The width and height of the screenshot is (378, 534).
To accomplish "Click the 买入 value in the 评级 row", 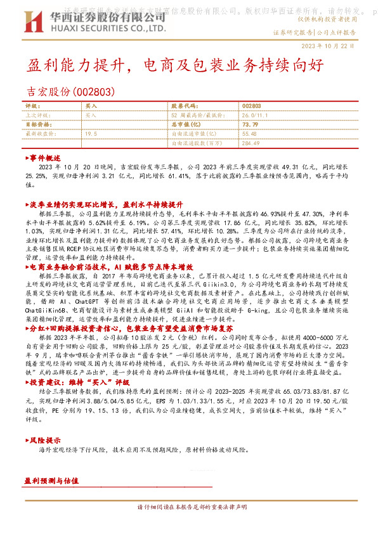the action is (x=91, y=107).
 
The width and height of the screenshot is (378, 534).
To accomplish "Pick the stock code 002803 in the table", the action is (x=251, y=107).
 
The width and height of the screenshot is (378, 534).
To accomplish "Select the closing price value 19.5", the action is (x=91, y=134).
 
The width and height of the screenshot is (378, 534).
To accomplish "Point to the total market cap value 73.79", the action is (x=250, y=125).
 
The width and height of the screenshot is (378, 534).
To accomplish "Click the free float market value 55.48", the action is (x=249, y=134).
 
